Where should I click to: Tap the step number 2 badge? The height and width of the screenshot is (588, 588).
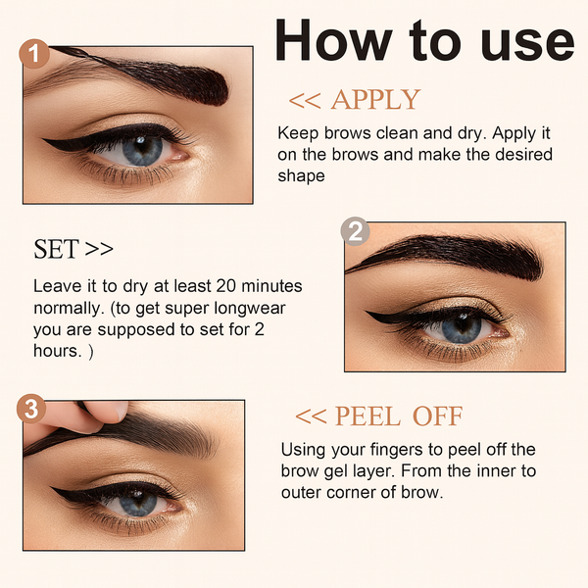click(x=355, y=232)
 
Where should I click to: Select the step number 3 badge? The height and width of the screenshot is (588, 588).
click(x=33, y=409)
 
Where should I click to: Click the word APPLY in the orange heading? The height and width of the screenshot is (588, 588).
click(x=375, y=100)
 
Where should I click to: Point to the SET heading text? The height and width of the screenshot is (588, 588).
click(x=56, y=249)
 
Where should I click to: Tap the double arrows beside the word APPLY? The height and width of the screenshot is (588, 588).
click(x=305, y=101)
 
